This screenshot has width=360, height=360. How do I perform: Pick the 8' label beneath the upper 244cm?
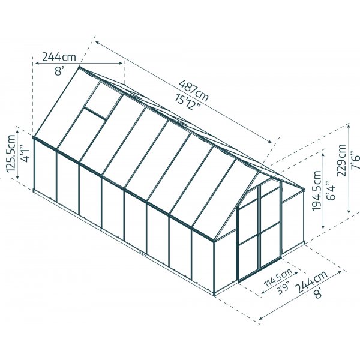[x=59, y=70]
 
